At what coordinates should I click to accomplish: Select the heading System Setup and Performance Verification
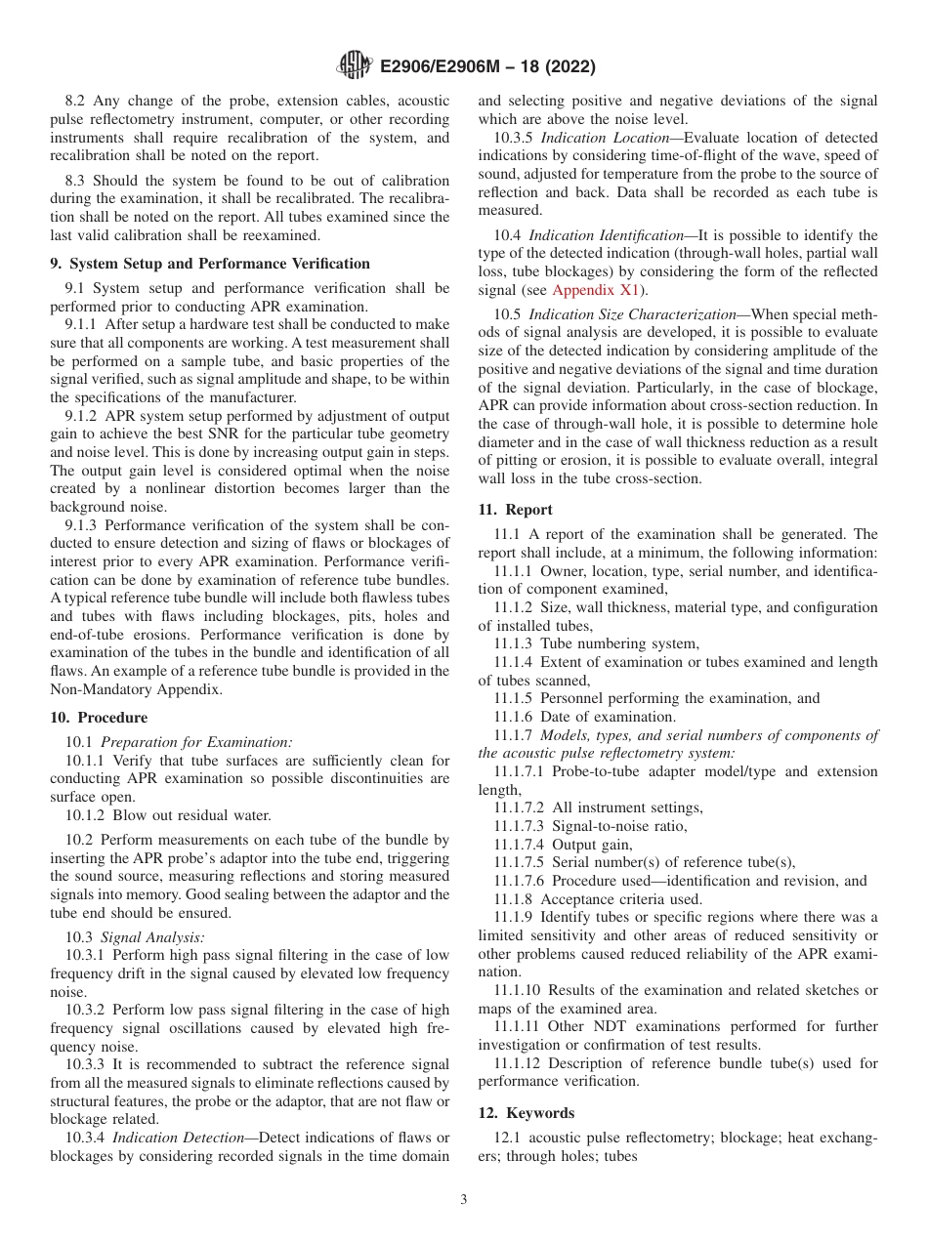[x=218, y=264]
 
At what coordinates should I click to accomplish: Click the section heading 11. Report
[x=515, y=510]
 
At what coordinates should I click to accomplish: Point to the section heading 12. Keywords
[x=526, y=1113]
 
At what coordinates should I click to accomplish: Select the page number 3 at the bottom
[x=464, y=1200]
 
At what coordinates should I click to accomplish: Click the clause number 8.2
[x=75, y=101]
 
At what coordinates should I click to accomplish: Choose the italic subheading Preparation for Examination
[x=195, y=742]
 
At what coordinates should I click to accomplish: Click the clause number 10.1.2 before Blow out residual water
[x=86, y=815]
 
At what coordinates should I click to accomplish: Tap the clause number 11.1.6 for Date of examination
[x=516, y=717]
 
